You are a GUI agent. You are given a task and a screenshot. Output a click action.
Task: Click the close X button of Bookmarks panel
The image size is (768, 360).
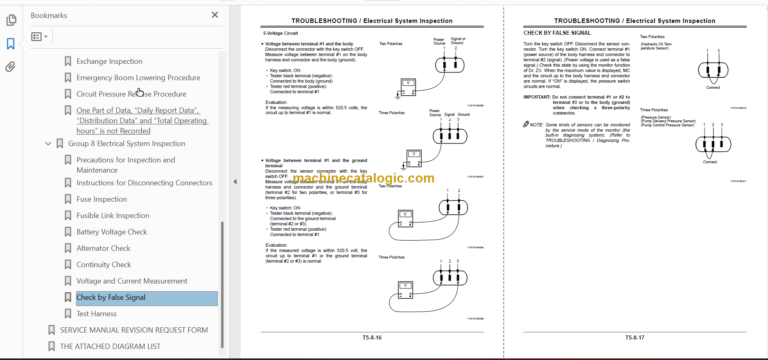(214, 15)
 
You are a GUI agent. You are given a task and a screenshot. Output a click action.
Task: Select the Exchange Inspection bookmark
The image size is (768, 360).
(109, 61)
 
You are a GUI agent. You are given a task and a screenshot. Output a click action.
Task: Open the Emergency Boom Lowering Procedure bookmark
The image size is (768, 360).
(137, 77)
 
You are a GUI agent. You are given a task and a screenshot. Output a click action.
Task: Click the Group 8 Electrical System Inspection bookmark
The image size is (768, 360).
(125, 143)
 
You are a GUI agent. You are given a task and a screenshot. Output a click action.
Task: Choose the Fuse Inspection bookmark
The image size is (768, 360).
(101, 199)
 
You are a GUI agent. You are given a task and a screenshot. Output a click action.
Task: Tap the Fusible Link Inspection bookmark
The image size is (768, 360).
(112, 215)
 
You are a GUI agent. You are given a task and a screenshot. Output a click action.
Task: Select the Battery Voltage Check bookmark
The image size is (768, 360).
(111, 232)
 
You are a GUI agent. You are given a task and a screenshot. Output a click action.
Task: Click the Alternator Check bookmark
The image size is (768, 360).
(103, 248)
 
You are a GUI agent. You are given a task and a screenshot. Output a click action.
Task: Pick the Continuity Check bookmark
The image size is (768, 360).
(103, 265)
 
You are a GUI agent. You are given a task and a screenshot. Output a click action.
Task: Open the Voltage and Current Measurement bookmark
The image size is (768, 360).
(131, 281)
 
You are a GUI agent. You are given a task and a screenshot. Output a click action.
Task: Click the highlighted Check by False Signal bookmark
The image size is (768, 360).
(110, 298)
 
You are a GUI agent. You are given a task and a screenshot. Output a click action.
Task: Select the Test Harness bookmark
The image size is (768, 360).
(96, 314)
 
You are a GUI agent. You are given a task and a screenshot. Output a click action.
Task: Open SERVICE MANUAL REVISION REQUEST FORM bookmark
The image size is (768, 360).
(133, 329)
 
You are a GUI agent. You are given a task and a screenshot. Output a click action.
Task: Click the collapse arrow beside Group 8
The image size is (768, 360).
(47, 144)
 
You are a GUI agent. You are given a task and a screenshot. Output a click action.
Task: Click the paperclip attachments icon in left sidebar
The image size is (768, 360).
(11, 68)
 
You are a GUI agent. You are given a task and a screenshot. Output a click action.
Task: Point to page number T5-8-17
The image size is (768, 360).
(636, 338)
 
